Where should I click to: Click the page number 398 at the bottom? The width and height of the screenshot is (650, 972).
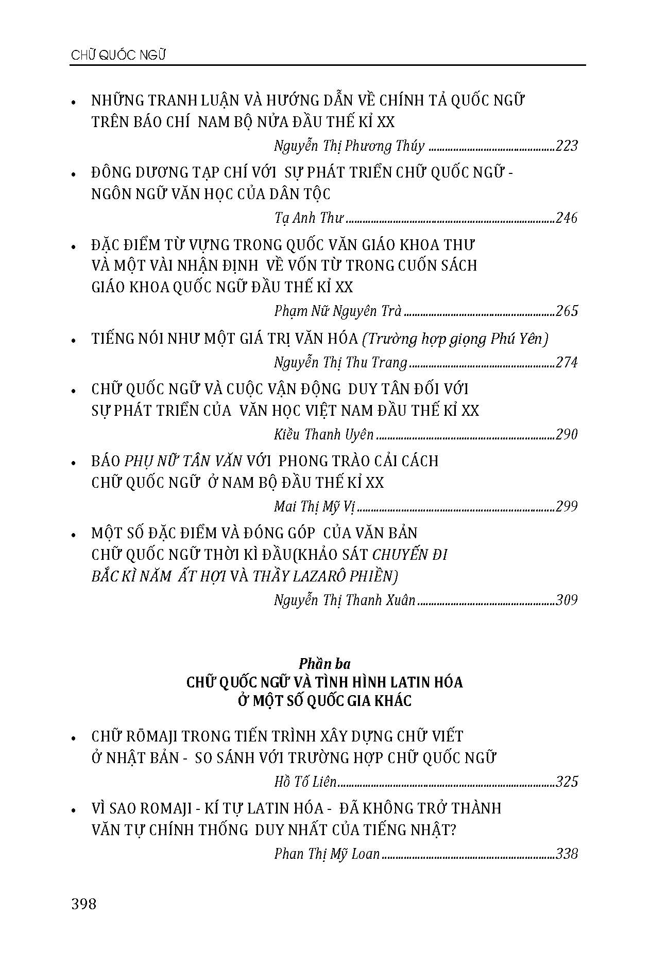[x=84, y=904]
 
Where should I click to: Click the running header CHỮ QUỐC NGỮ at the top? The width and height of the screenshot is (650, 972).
[x=118, y=56]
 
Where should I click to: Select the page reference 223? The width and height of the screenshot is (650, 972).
[x=567, y=146]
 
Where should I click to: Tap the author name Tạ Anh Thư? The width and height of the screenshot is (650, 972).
[x=309, y=218]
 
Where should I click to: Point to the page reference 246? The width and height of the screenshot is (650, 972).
[x=567, y=218]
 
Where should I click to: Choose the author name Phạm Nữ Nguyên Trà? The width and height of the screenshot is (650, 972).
[x=338, y=311]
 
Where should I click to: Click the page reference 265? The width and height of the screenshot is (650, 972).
[x=567, y=311]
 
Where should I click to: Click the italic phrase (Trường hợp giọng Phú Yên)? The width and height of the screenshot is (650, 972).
[x=455, y=339]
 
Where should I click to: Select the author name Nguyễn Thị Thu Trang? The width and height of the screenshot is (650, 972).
[x=340, y=363]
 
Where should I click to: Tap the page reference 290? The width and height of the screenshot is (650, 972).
[x=567, y=434]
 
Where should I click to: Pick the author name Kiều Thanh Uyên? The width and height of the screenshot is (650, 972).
[x=323, y=434]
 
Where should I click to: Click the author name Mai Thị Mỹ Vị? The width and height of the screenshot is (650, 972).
[x=315, y=507]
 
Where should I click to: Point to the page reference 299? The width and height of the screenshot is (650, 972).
[x=567, y=507]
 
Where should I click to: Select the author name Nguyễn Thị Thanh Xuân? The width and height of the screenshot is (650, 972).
[x=345, y=600]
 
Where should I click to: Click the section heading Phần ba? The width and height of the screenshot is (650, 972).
[x=324, y=664]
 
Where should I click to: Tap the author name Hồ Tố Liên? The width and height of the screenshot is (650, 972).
[x=305, y=782]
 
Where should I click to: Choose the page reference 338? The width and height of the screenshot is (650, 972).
[x=567, y=854]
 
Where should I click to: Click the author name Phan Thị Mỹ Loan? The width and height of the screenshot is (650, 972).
[x=327, y=854]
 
